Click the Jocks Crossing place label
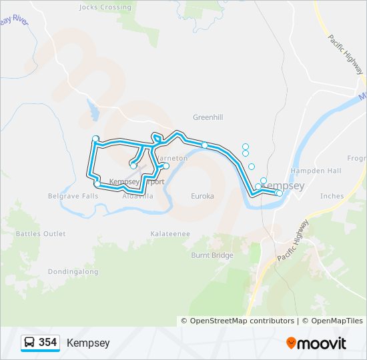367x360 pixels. (x=105, y=7)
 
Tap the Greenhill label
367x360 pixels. (x=208, y=117)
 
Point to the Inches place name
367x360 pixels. (x=332, y=196)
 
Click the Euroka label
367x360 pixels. (x=202, y=196)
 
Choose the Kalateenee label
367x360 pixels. (x=170, y=234)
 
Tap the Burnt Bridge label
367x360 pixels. (x=212, y=255)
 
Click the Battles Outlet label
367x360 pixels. (x=41, y=234)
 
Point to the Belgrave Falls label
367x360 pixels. (x=73, y=196)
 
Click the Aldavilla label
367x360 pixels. (x=137, y=197)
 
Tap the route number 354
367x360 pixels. (x=47, y=343)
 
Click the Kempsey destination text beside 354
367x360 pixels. (x=88, y=343)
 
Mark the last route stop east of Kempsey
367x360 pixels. (x=279, y=193)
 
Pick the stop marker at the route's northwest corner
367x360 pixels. (x=95, y=139)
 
